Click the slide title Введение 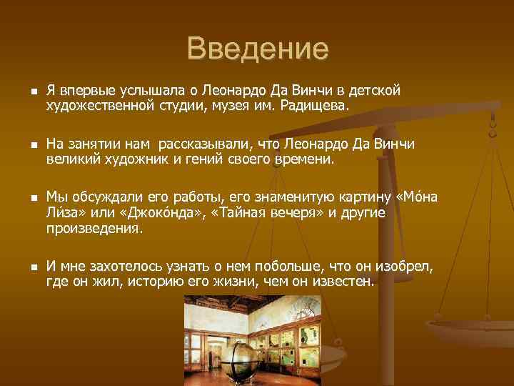(x=258, y=49)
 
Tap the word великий (x=70, y=159)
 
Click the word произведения (x=94, y=229)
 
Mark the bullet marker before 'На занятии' (x=24, y=145)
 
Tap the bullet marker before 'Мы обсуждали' (x=24, y=198)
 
